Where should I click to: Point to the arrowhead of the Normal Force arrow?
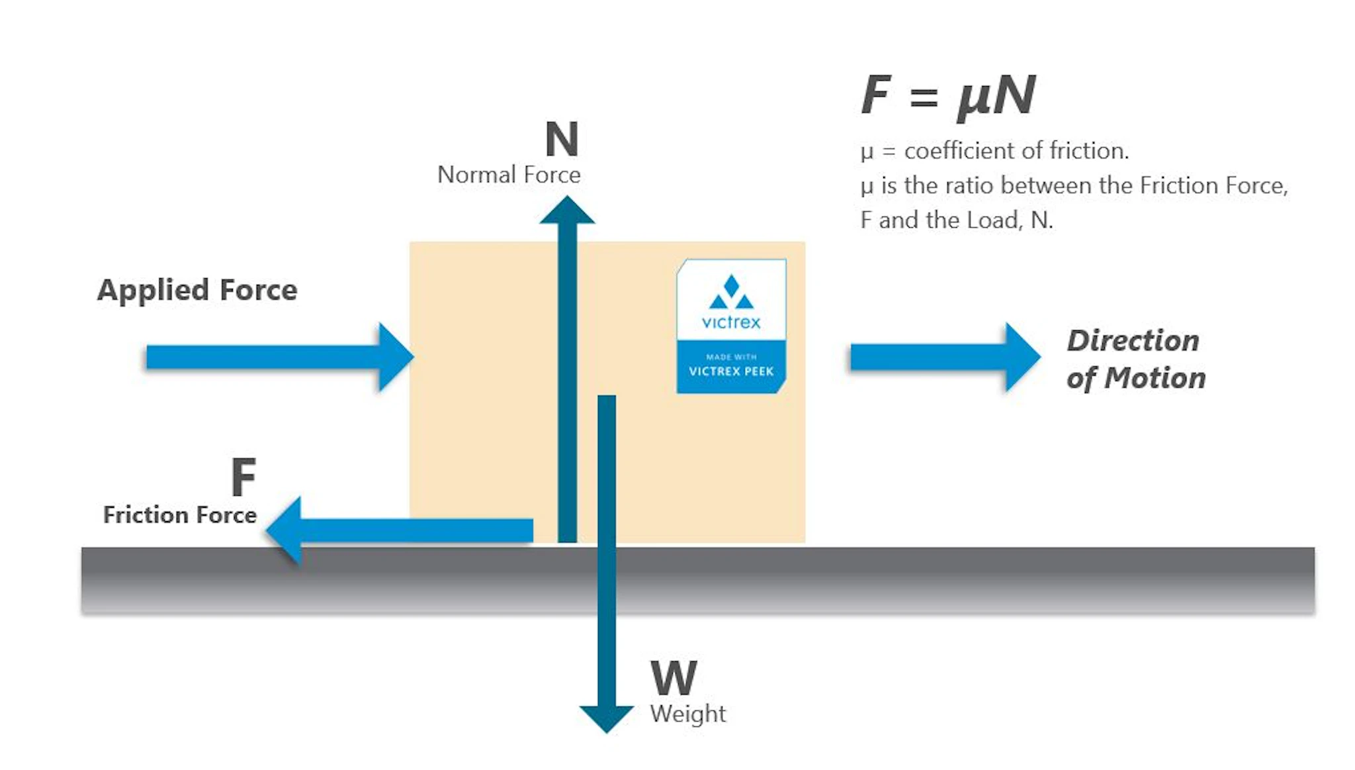(x=567, y=211)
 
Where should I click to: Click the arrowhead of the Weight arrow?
(x=606, y=718)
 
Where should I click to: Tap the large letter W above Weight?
(x=674, y=678)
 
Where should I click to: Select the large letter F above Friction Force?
(x=243, y=477)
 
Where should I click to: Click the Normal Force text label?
(x=509, y=175)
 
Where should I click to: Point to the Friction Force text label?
(x=180, y=515)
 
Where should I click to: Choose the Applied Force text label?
(x=197, y=290)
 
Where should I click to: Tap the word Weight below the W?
(x=687, y=714)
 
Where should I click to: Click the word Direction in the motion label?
(x=1133, y=341)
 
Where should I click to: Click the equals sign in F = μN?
(x=924, y=98)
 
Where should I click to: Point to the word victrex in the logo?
(x=731, y=322)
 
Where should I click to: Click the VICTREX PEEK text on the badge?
(x=731, y=371)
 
